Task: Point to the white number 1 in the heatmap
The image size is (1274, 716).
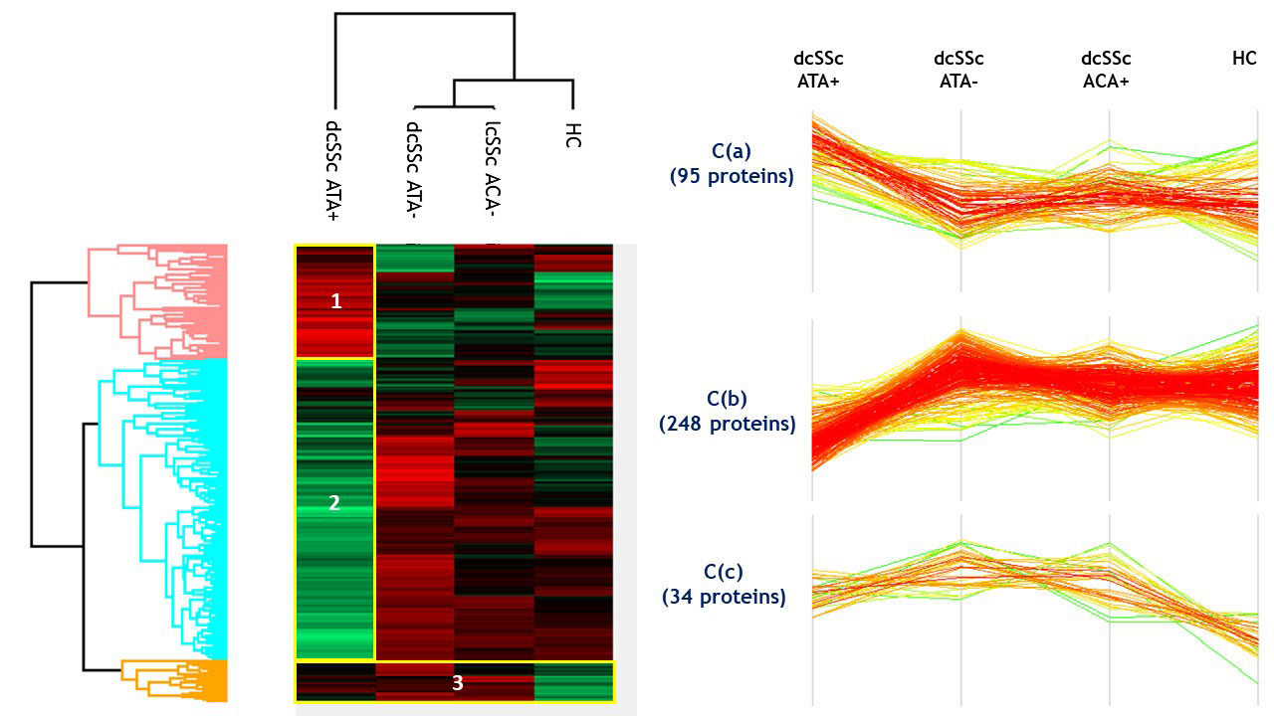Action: point(336,301)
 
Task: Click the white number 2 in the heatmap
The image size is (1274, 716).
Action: point(334,503)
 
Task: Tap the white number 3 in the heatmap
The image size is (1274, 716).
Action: point(458,683)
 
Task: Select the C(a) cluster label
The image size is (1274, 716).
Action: point(732,152)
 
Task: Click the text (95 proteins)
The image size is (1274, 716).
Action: point(731,178)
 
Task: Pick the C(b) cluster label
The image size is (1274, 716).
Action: point(728,399)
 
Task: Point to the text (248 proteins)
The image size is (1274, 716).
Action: point(728,425)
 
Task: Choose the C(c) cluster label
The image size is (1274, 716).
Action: point(726,572)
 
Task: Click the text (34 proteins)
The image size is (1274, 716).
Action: point(724,598)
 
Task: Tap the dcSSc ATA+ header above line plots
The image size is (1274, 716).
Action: point(818,71)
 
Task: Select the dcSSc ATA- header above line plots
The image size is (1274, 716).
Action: point(958,71)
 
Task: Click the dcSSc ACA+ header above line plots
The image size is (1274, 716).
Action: point(1107,71)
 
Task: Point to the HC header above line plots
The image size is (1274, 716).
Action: point(1244,60)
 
